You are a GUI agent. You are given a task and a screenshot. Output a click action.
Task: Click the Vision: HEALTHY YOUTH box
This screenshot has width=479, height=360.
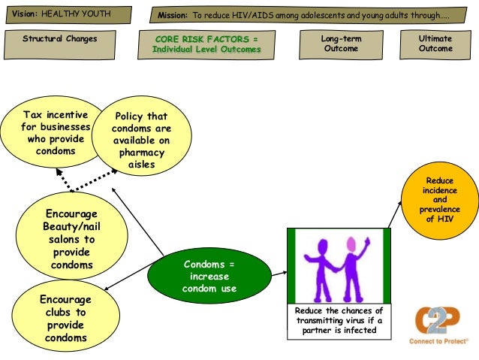(68, 14)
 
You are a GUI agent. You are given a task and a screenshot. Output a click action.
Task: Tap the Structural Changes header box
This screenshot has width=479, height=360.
(60, 44)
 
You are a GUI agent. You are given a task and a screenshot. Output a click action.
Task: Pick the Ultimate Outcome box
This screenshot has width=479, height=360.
(436, 44)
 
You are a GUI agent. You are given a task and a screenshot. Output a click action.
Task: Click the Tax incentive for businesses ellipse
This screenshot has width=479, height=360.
(56, 133)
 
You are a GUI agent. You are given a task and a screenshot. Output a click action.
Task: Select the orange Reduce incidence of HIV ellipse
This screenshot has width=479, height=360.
(439, 201)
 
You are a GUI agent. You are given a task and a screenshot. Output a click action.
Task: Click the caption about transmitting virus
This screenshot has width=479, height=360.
(339, 320)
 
